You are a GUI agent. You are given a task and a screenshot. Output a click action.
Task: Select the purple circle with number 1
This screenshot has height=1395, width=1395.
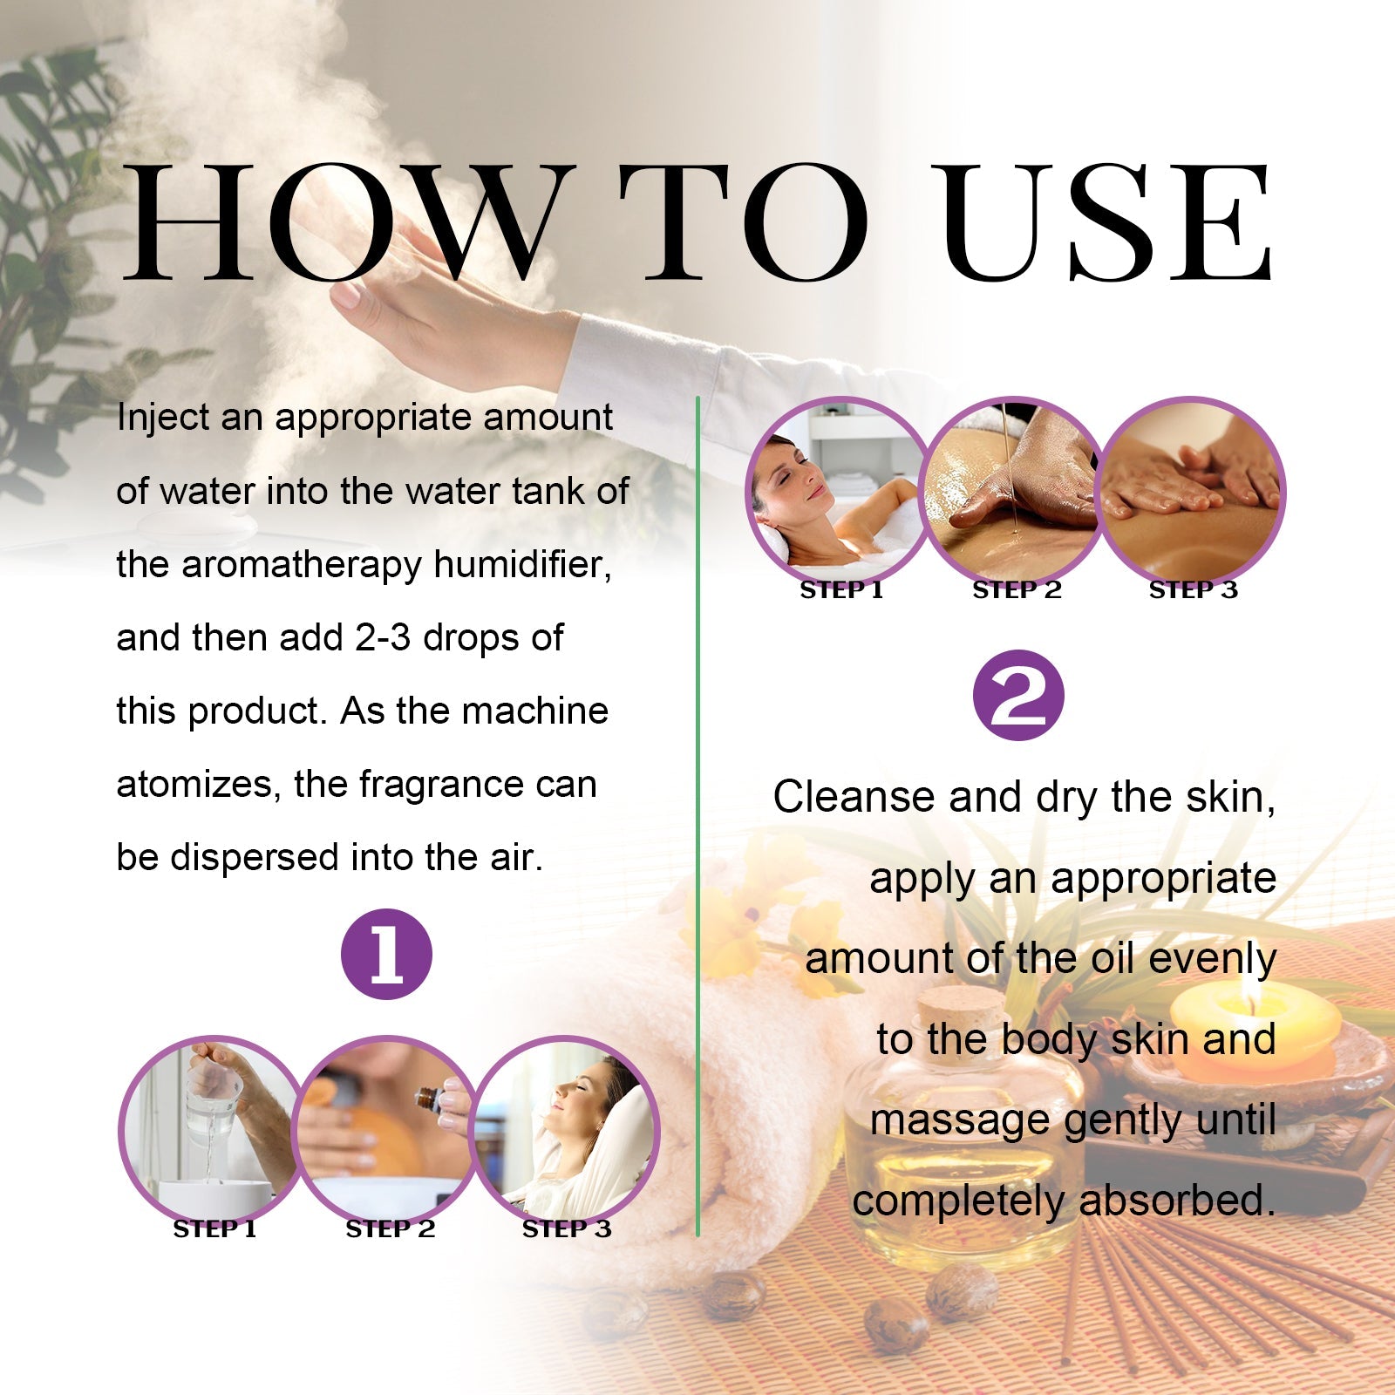coord(386,954)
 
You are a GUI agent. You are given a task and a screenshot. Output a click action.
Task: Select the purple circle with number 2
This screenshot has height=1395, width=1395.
coord(1018,696)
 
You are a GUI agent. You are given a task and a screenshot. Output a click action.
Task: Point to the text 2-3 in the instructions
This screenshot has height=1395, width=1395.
coord(382,638)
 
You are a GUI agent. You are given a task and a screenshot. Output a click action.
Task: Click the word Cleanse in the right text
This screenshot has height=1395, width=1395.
coord(854,797)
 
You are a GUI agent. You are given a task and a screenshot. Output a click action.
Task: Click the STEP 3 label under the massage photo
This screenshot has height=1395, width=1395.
coord(1193,590)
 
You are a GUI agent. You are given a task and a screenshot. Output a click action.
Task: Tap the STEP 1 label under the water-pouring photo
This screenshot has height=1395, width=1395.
coord(214,1229)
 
